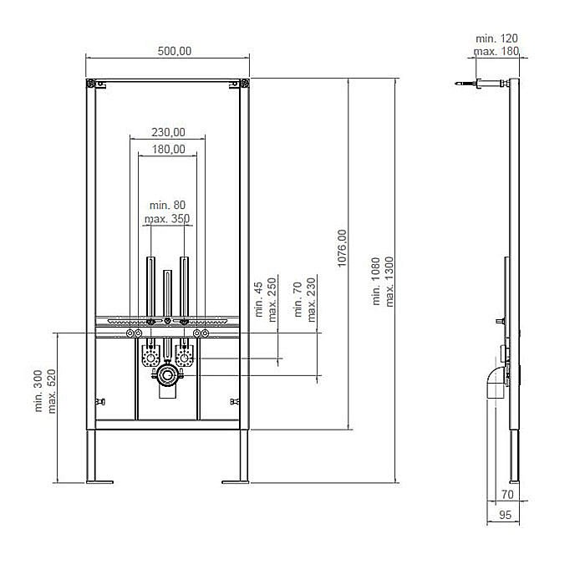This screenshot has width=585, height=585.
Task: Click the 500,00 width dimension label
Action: click(174, 51)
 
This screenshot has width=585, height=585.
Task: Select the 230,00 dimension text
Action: click(168, 131)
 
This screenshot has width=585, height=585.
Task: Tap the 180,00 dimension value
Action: click(168, 149)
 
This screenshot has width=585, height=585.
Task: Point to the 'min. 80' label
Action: click(167, 205)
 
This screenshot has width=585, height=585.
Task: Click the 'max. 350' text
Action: click(167, 219)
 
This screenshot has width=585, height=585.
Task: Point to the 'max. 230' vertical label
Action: click(312, 299)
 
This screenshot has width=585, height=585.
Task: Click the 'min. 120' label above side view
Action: click(496, 38)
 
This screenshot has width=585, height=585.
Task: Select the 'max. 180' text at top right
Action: click(496, 52)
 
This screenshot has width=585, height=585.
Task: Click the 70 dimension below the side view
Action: click(507, 494)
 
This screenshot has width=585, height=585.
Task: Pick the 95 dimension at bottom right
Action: click(504, 516)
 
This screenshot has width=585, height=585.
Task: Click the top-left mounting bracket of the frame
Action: click(91, 84)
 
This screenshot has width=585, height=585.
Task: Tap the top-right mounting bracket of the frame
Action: click(243, 84)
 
